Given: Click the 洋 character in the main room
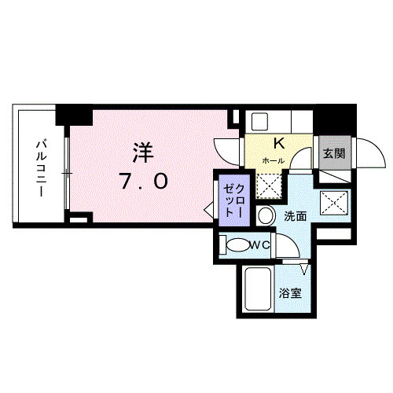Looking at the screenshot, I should coord(142,152).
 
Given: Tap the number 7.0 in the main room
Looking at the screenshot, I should coord(142,182).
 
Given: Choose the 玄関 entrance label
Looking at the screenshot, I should coord(332,153).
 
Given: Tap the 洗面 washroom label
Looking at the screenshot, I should coord(295,215).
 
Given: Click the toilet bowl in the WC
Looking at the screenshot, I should coord(238,245).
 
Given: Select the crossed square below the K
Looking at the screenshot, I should coord(270,184).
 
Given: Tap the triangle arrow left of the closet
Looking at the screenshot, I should coord(209,210).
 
